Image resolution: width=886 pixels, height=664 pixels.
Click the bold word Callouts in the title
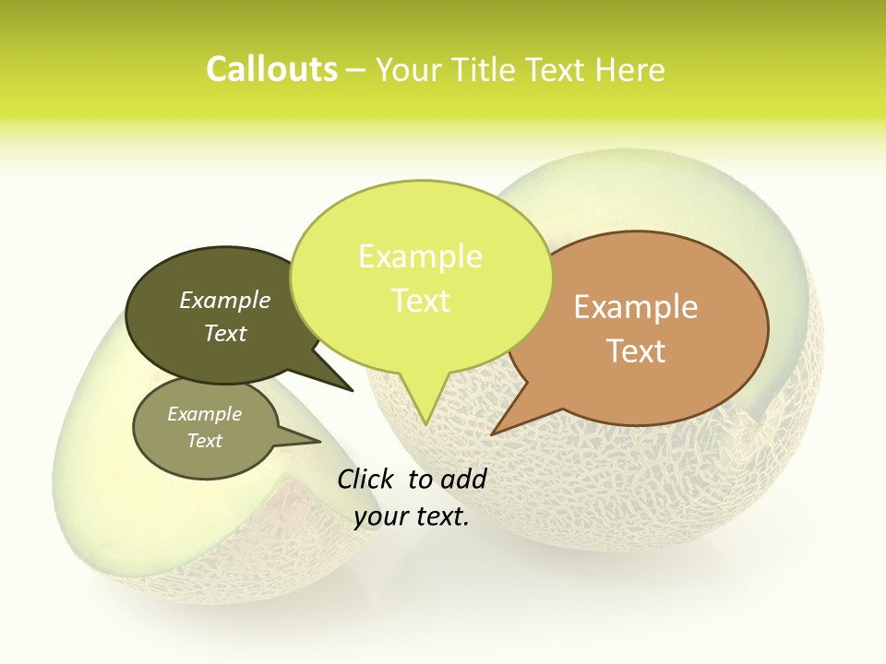pos(271,69)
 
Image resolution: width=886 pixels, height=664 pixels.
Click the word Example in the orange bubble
pos(636,307)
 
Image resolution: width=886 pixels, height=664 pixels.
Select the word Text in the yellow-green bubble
pos(421,301)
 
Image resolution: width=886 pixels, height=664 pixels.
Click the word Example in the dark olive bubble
pos(224,300)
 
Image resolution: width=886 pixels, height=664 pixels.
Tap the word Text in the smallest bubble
pos(204,441)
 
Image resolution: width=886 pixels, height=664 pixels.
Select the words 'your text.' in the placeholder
pos(412,517)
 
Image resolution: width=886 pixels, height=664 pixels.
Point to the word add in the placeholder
pos(463,479)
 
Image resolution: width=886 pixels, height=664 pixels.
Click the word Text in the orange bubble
pos(636,351)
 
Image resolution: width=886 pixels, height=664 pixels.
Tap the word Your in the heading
pos(410,69)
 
